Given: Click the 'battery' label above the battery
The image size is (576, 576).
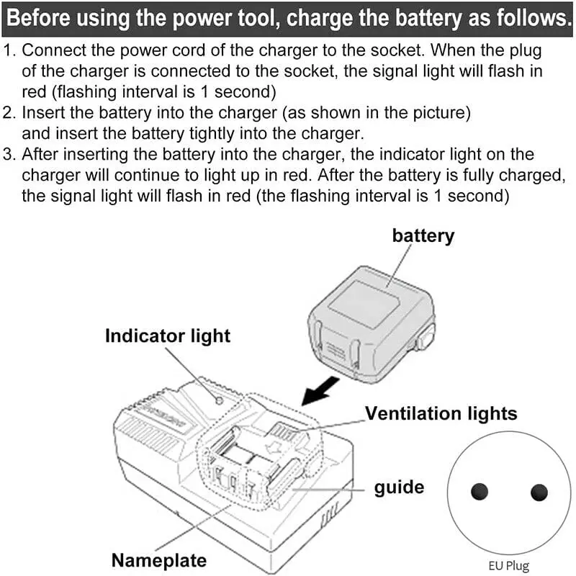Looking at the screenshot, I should (x=423, y=235).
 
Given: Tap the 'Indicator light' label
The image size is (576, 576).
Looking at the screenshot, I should (x=168, y=336).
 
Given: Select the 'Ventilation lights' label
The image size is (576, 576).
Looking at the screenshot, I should (x=441, y=413).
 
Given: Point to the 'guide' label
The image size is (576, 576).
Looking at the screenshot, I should (x=399, y=487).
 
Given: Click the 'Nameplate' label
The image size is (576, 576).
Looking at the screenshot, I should (x=158, y=560).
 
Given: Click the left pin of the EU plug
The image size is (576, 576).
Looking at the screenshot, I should (x=479, y=492).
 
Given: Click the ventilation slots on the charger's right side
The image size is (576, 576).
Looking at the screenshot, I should (x=330, y=516).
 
